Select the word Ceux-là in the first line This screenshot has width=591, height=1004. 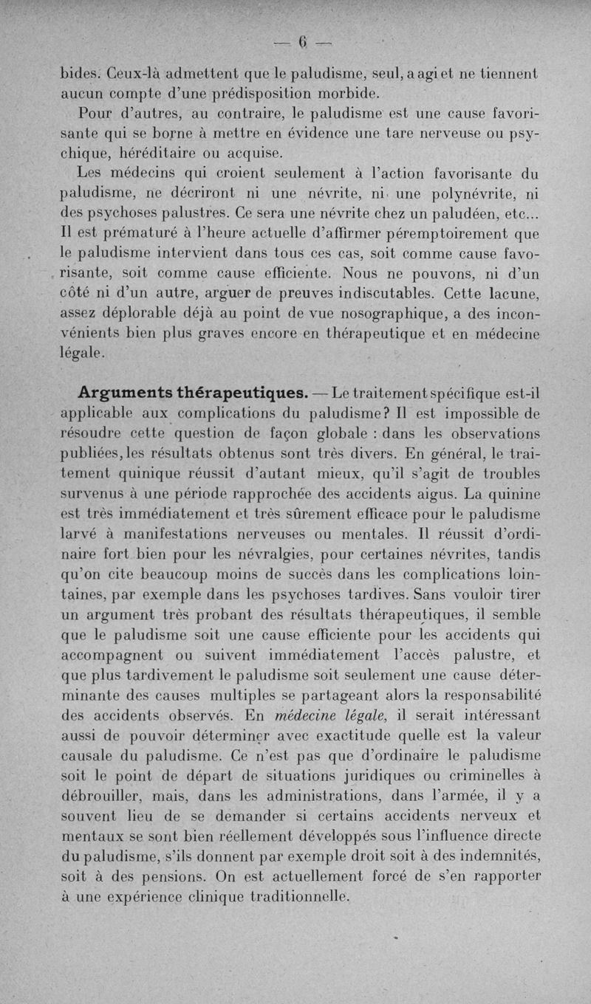(133, 75)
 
